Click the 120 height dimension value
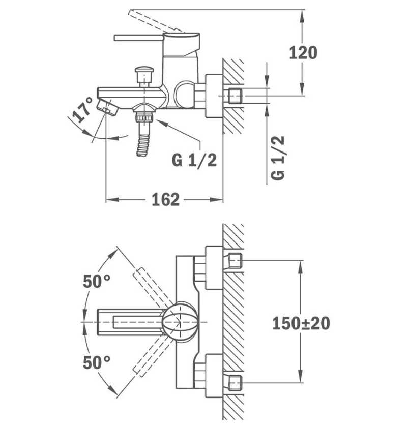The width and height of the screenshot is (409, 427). tap(303, 52)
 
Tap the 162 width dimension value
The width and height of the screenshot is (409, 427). tap(165, 199)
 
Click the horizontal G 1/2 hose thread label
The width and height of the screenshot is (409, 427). tap(194, 160)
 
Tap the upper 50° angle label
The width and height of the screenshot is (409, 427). tap(97, 281)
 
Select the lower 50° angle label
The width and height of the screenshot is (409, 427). tap(97, 362)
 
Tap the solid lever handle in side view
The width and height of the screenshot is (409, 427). tap(137, 38)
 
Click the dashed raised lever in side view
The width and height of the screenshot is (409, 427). tap(153, 20)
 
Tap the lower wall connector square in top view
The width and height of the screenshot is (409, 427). tap(235, 382)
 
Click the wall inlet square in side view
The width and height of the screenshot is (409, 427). tap(235, 96)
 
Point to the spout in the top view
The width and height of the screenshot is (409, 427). tap(127, 322)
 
